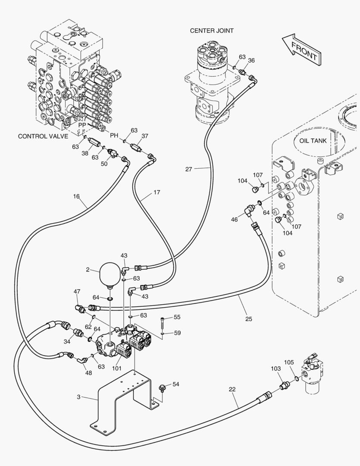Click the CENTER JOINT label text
click(212, 31)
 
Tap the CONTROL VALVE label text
click(43, 136)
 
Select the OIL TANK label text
click(313, 141)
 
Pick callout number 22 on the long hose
click(232, 389)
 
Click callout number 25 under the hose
click(249, 319)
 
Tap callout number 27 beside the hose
click(189, 170)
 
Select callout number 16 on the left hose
click(76, 196)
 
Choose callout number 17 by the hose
click(157, 192)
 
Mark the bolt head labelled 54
click(163, 387)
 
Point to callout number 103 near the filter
click(276, 368)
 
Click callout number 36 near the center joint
click(251, 60)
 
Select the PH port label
click(114, 135)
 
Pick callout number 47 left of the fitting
click(77, 292)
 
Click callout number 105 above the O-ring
click(289, 362)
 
